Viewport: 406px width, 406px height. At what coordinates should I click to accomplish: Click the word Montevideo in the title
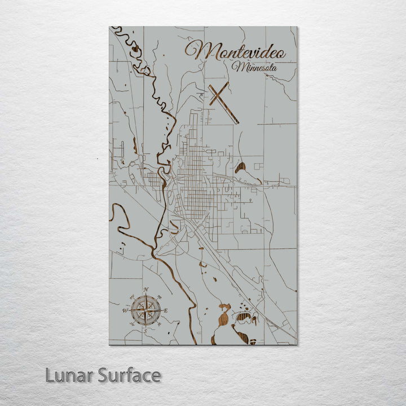[x=236, y=51]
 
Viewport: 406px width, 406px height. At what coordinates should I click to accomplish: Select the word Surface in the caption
[x=129, y=375]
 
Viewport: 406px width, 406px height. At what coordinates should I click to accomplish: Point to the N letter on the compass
[x=146, y=290]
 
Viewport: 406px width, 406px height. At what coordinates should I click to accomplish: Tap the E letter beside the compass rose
[x=167, y=310]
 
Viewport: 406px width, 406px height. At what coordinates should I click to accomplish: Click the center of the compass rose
[x=146, y=310]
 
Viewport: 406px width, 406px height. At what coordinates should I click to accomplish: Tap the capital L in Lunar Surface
[x=50, y=375]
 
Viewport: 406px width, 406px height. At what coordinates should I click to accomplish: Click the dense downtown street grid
[x=195, y=186]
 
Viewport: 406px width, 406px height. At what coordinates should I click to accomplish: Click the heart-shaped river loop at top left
[x=134, y=49]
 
